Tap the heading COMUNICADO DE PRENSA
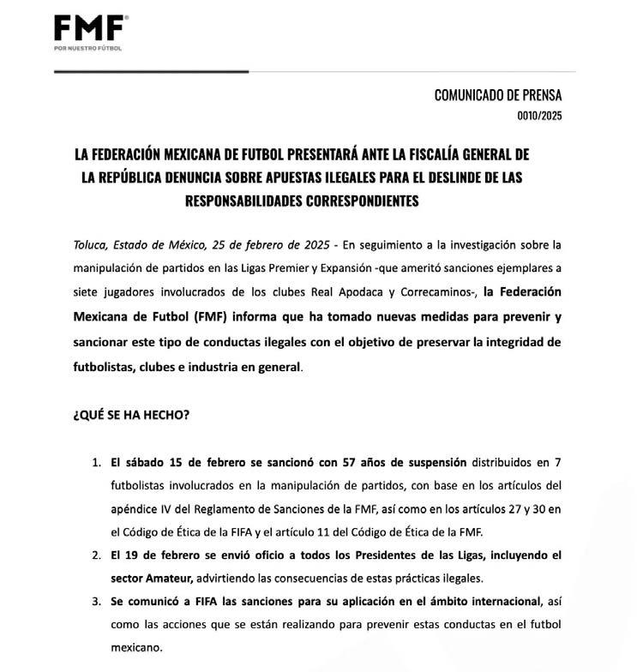click(x=497, y=96)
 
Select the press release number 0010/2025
click(x=539, y=116)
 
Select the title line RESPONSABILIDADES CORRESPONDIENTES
click(x=301, y=201)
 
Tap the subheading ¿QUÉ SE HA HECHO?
click(x=131, y=415)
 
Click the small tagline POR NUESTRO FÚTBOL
click(x=87, y=48)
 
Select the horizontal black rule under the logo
click(x=151, y=70)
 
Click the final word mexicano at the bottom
click(x=135, y=646)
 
